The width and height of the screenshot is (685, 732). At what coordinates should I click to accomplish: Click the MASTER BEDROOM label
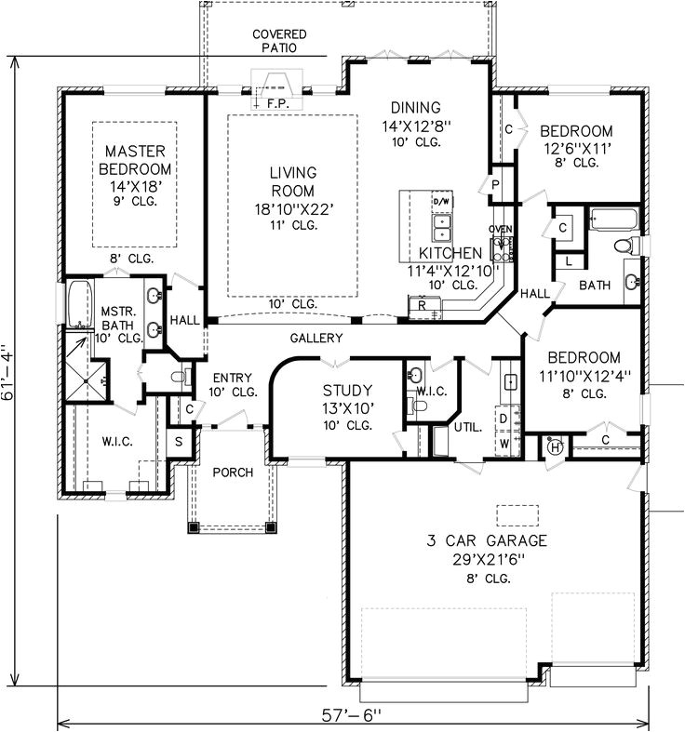pos(136,159)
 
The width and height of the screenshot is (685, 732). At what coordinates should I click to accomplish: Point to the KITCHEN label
pos(450,252)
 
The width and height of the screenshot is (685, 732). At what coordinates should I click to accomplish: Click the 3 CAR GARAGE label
pos(487,540)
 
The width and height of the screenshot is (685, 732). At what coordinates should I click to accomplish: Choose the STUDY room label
pos(347,390)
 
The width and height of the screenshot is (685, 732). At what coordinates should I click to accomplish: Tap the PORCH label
pos(233,472)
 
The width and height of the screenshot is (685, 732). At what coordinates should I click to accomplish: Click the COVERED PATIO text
pos(278,41)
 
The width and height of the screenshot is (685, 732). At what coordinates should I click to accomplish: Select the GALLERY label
pos(316,338)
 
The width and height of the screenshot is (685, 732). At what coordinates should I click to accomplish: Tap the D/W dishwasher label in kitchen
pos(440,201)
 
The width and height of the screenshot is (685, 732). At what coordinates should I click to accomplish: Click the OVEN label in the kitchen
pos(501,229)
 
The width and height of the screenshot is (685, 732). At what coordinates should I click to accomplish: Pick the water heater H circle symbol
pos(556,446)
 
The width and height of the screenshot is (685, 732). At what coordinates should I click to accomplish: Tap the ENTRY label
pos(233,378)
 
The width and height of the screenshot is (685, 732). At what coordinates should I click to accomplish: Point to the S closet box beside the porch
pos(179,441)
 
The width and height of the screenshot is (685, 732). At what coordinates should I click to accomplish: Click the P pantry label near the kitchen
pos(496,186)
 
